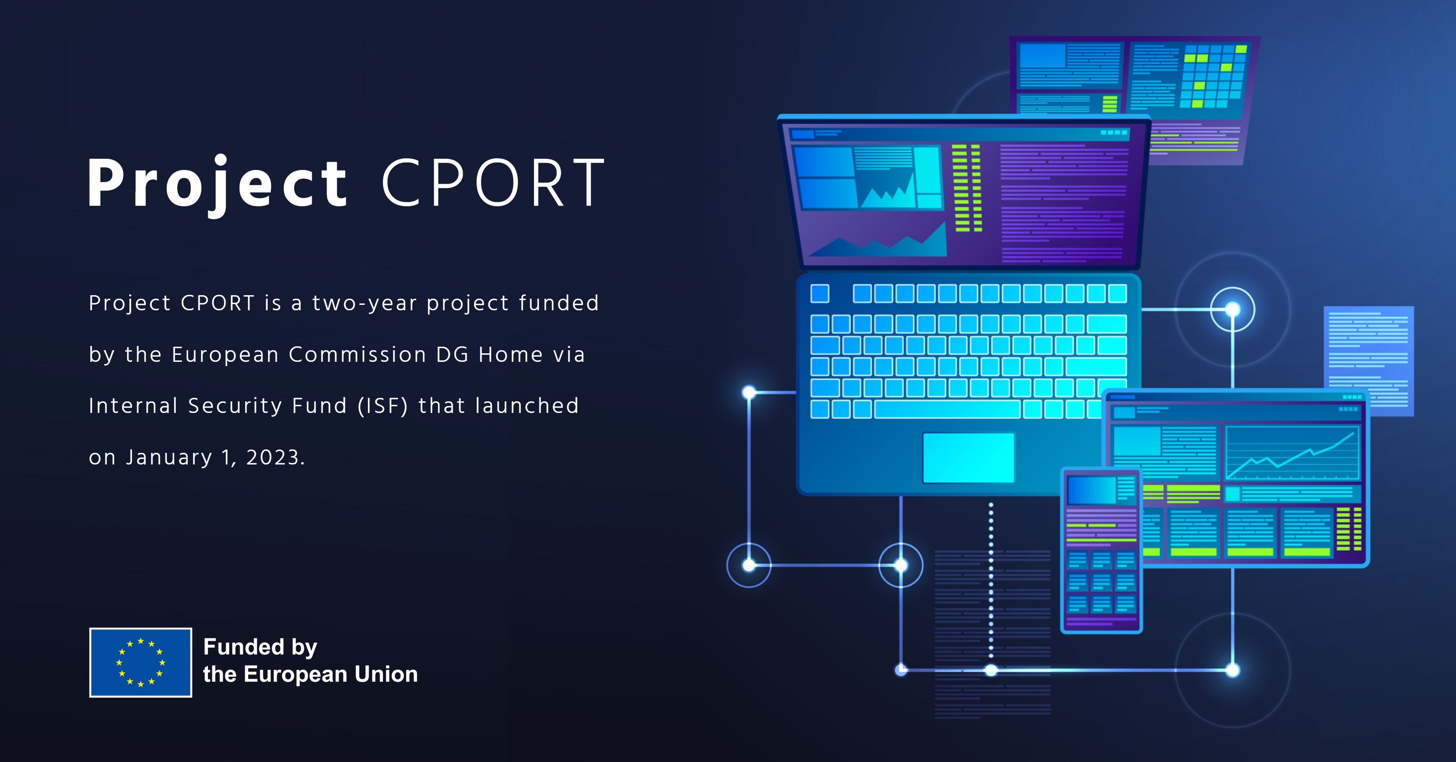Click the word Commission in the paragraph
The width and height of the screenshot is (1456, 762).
click(357, 354)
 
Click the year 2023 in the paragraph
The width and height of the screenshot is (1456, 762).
click(273, 457)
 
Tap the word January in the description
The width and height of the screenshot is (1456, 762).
click(169, 457)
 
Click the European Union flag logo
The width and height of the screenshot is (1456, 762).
click(141, 662)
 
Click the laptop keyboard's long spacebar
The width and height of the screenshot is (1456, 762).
click(947, 409)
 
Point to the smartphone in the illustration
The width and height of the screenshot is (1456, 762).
click(1101, 550)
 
